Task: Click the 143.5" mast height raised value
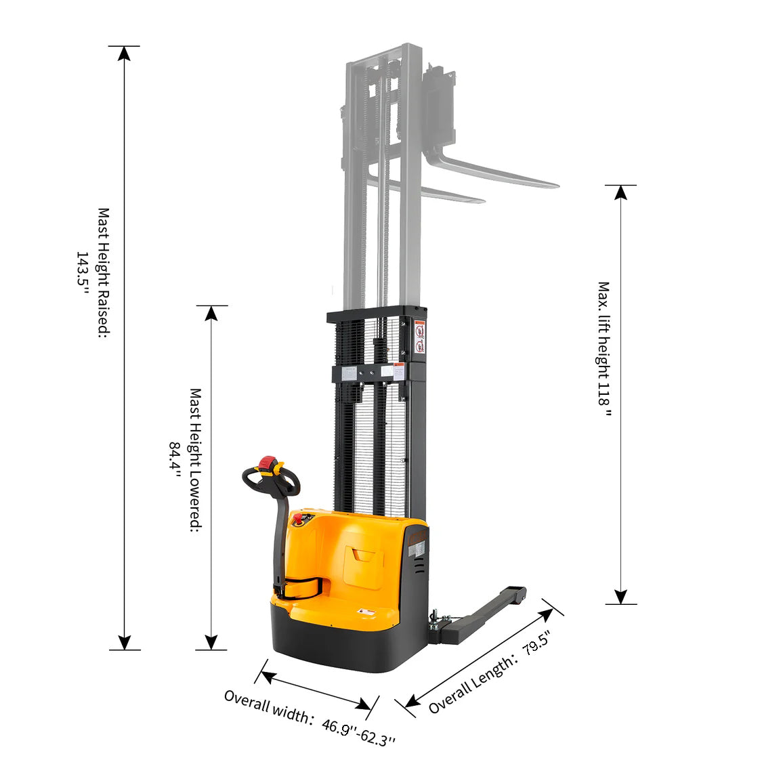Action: click(x=82, y=273)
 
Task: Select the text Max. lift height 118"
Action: click(x=604, y=352)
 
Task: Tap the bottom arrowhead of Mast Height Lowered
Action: click(x=211, y=642)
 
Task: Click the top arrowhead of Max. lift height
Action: click(x=620, y=192)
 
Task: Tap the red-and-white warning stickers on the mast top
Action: click(x=420, y=337)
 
